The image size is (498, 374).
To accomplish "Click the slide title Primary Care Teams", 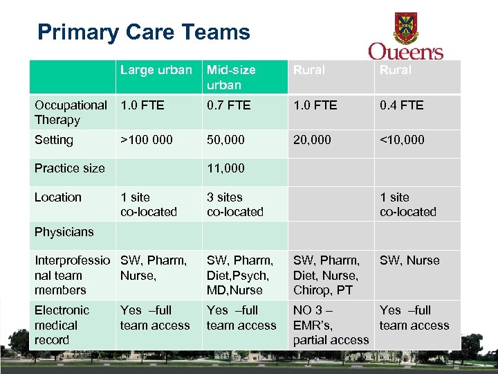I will tap(143, 33).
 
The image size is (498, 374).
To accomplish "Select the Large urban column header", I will tap(156, 70).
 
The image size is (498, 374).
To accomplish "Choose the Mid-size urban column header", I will tap(231, 77).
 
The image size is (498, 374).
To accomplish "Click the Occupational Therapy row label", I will tap(71, 112).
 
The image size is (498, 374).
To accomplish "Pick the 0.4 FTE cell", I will tap(402, 105).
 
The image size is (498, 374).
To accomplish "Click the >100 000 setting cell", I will tap(147, 140).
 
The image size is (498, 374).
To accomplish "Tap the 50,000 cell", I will tap(225, 140).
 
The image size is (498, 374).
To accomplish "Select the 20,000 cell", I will tap(312, 140).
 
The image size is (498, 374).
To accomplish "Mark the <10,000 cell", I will tap(402, 140).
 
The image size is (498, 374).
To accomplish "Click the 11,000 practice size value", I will tap(225, 168).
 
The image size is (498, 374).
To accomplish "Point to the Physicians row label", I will tap(64, 232).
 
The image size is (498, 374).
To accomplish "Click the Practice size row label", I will tap(69, 168).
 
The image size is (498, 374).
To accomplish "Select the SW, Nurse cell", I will tap(409, 260).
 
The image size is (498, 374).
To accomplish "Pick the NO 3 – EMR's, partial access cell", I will tap(331, 325).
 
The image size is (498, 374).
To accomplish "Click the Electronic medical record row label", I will tap(62, 325).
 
